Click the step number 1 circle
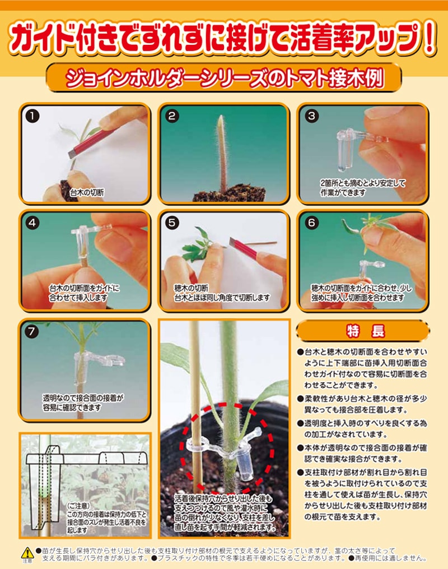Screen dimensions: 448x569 pos(32,116)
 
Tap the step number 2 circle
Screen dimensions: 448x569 pos(171,116)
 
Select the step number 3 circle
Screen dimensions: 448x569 pos(311,116)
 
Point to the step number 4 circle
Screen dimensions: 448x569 pos(32,223)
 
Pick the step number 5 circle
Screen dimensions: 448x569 pos(171,223)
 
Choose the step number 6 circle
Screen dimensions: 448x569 pos(311,223)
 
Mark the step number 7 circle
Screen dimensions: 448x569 pos(32,331)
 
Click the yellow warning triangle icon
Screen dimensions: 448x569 pos(27,553)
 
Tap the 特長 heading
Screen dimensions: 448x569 pos(365,331)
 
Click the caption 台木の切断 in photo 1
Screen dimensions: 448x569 pos(87,193)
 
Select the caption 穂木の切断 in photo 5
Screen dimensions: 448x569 pos(191,289)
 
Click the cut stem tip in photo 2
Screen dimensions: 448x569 pos(220,118)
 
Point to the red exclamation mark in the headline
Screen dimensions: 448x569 pos(430,38)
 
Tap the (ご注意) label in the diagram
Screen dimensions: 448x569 pos(78,506)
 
